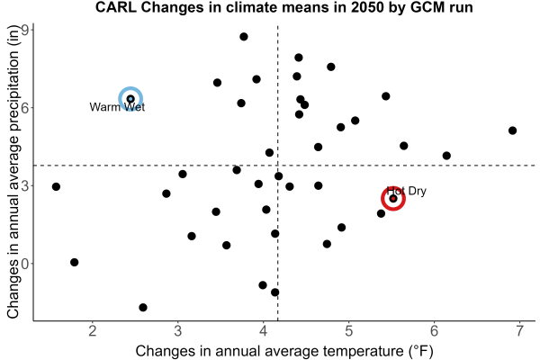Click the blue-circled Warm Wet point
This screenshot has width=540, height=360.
(x=130, y=99)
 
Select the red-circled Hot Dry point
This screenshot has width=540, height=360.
(x=393, y=198)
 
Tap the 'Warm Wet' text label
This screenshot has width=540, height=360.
(x=117, y=107)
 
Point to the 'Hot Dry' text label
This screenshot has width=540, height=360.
(x=407, y=191)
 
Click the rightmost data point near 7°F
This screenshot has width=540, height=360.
(x=512, y=130)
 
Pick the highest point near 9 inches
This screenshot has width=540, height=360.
(x=244, y=37)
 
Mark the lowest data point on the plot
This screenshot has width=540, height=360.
(x=143, y=307)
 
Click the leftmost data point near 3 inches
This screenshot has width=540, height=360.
(x=56, y=186)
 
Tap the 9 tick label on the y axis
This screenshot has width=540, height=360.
(x=26, y=31)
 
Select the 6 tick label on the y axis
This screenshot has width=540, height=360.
(x=26, y=107)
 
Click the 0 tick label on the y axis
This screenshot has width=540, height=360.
(x=26, y=264)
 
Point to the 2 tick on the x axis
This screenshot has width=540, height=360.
(x=93, y=331)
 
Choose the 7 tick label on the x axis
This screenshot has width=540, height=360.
(x=519, y=331)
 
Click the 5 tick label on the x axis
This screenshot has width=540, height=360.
(x=349, y=331)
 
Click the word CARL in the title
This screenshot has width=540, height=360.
(x=116, y=7)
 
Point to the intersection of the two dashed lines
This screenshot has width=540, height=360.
(x=277, y=166)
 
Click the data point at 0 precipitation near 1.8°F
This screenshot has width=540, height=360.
(x=75, y=263)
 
